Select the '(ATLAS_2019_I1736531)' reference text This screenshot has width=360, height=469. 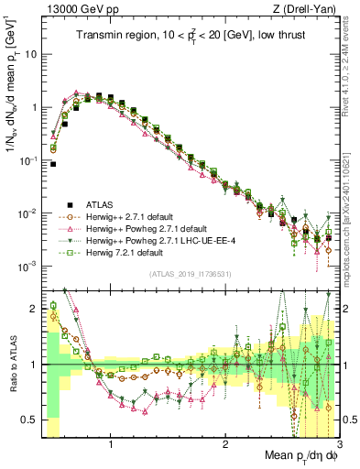click(x=191, y=273)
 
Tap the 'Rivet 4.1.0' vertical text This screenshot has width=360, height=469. click(x=352, y=64)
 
